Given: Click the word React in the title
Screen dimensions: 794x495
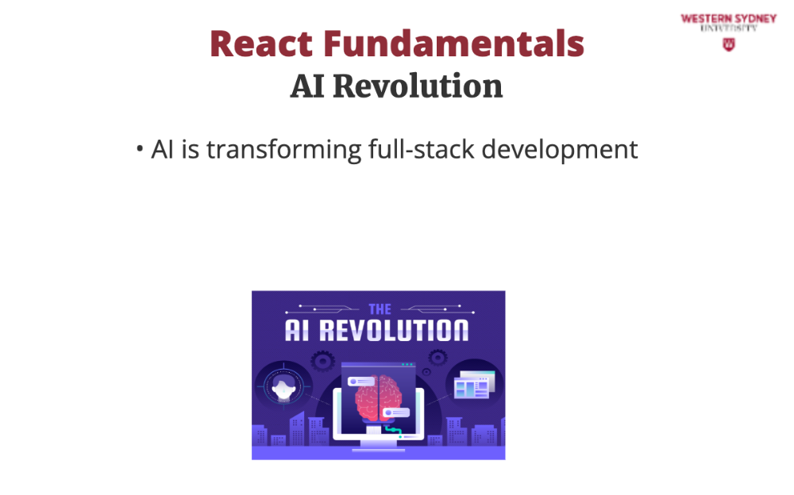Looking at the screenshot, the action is pos(261,44).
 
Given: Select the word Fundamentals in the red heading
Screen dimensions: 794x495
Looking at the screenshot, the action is pos(453,44).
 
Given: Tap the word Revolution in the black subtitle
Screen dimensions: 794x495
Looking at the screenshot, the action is pos(418,86).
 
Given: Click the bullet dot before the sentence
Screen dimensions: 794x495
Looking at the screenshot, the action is pos(140,149).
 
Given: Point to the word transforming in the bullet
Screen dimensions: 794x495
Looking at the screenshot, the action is pos(283,150).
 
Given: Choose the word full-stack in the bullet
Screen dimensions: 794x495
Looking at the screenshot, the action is pos(422,149).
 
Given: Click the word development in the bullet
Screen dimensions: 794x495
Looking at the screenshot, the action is pos(560,151).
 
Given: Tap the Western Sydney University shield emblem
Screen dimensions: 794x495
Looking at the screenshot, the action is pos(729,44).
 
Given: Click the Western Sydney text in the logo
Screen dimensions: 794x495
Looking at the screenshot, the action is pos(729,19).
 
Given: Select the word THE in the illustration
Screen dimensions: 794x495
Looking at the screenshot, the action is pos(380,309).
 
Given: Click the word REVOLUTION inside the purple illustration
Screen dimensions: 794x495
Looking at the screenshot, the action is pos(394,330).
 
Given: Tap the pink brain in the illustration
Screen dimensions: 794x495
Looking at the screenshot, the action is pos(379,399).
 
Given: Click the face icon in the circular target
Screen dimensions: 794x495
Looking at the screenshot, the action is pos(283,388).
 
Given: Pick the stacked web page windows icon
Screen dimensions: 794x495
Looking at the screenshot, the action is pos(474,385).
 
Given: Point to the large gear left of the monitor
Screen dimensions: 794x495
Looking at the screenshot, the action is pos(322,361).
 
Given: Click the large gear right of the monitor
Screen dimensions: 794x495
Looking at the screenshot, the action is pos(437,358).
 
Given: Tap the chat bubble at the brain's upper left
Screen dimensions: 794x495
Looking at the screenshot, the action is pos(361,382).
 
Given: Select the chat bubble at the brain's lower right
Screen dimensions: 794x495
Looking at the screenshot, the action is pos(395,412).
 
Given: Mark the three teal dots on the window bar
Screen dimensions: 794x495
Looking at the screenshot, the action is pos(407,364).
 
